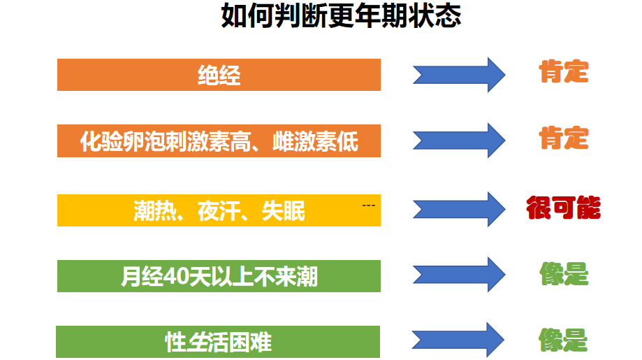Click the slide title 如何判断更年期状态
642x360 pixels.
[341, 15]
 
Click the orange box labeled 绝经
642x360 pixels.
[219, 75]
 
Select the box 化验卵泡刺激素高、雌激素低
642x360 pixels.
[219, 141]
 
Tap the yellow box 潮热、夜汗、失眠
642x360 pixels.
[219, 210]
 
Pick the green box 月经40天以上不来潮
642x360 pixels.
[219, 276]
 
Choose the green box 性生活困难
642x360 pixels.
[219, 342]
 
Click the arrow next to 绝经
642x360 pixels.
[458, 75]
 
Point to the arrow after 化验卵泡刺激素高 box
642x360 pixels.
[458, 141]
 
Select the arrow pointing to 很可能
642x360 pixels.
[458, 209]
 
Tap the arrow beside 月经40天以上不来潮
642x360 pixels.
[458, 275]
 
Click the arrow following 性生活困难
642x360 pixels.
[458, 340]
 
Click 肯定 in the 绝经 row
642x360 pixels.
[563, 72]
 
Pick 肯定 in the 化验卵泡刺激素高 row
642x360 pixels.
[563, 138]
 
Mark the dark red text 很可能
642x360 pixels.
[563, 208]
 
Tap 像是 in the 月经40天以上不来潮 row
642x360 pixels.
[563, 274]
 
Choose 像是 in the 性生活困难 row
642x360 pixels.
[563, 340]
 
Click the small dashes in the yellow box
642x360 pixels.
[369, 206]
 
